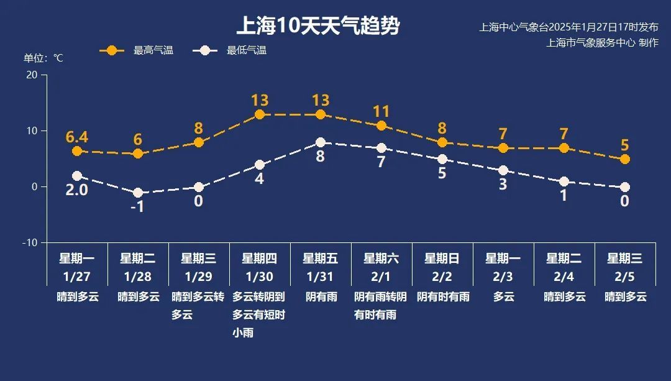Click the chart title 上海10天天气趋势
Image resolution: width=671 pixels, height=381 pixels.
[317, 26]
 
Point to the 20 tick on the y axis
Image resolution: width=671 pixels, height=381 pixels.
[32, 75]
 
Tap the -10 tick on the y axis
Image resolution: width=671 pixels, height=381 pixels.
[30, 242]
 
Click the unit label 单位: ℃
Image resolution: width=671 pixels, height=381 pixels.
[43, 58]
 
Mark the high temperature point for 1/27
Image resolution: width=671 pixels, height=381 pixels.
[77, 151]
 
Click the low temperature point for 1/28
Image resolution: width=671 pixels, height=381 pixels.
[138, 193]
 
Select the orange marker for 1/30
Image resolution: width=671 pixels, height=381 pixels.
[260, 114]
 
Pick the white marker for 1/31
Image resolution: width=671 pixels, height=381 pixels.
[321, 142]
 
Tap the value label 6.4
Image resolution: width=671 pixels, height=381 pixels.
[77, 137]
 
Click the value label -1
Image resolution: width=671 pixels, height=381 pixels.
[137, 206]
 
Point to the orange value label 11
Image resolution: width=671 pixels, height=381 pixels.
[381, 112]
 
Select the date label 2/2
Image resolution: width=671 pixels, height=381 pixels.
[442, 276]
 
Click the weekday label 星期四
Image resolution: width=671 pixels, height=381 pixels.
[259, 259]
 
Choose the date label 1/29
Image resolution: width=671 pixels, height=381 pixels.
[198, 276]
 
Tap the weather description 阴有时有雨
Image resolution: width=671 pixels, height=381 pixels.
[442, 297]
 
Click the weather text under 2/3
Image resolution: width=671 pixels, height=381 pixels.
[503, 297]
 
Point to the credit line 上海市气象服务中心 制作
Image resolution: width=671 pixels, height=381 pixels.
[601, 43]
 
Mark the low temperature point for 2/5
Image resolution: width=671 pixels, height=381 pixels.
[625, 187]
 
